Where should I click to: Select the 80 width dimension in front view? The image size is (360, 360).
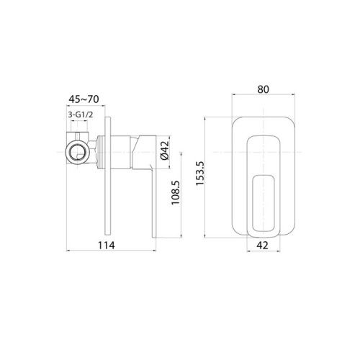262,89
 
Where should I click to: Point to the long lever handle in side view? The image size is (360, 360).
153,187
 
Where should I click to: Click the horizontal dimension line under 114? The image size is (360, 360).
108,252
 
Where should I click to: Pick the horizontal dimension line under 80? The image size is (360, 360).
262,97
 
